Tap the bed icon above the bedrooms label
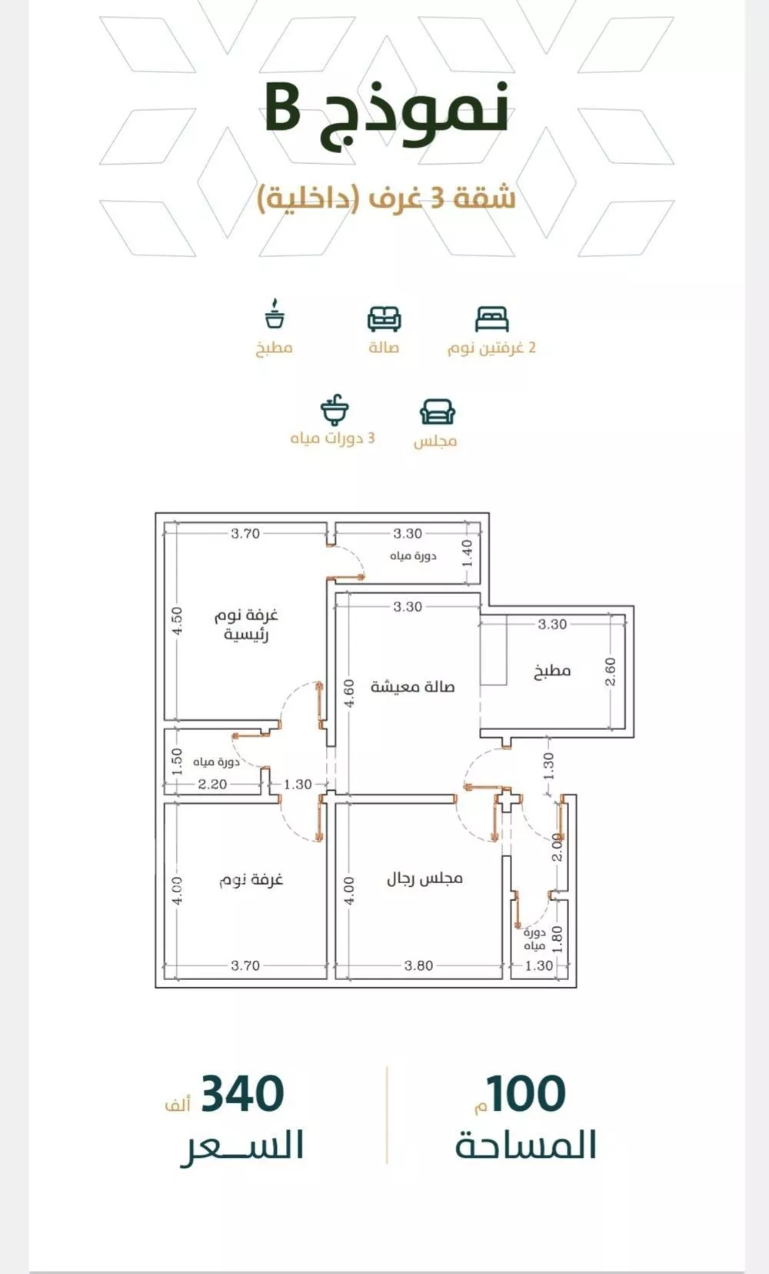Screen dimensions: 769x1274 tap(491, 319)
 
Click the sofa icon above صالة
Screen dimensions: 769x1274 tap(384, 319)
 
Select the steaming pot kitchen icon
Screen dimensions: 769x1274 tap(275, 313)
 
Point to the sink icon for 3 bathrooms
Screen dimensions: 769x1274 tap(335, 409)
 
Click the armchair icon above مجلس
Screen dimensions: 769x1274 tap(437, 412)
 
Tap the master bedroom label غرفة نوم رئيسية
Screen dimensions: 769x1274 tap(246, 625)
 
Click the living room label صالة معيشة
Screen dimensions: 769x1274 tap(413, 686)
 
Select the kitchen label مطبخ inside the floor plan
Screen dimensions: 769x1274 tap(552, 671)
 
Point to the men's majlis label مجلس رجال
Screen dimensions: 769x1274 tap(424, 879)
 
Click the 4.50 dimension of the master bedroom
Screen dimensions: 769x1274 tap(177, 621)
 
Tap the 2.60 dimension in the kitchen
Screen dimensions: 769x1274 tap(611, 672)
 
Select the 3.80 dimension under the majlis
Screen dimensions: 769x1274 tap(419, 966)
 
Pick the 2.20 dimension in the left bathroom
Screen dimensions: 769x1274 tap(212, 784)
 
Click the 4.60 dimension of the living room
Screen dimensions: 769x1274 tap(350, 693)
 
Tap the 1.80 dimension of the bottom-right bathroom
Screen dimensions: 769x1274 tap(558, 939)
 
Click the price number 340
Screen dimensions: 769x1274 tap(242, 1094)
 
